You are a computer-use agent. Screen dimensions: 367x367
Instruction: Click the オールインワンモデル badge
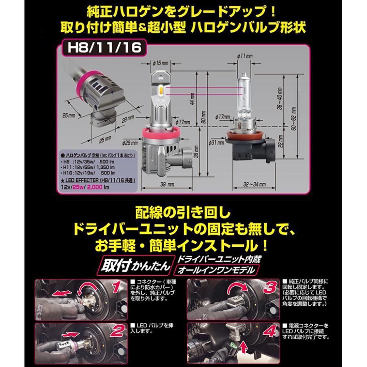(216, 270)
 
